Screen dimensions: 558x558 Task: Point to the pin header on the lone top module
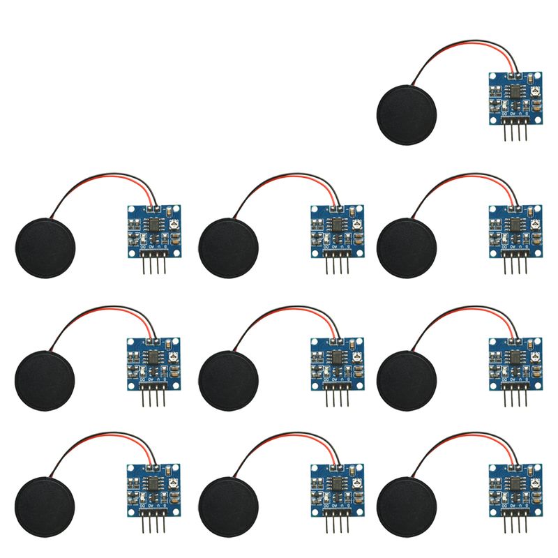coord(515,130)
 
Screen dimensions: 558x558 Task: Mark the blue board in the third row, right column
coord(515,359)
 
